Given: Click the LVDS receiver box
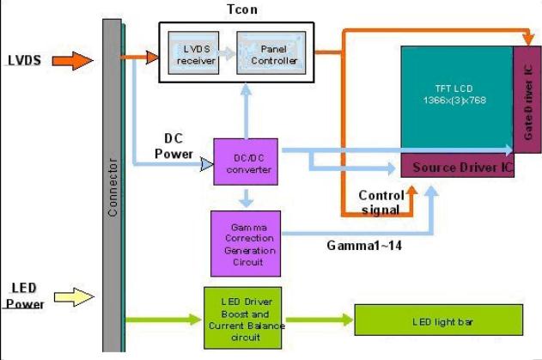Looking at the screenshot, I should click(192, 52).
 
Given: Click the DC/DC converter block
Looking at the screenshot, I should click(248, 163).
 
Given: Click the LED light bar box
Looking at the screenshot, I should click(438, 320).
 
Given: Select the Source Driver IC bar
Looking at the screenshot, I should click(458, 167).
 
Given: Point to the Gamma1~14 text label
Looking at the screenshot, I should click(365, 245).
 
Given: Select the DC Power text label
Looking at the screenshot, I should click(174, 146).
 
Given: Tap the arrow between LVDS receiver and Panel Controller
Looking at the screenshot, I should click(226, 52).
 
